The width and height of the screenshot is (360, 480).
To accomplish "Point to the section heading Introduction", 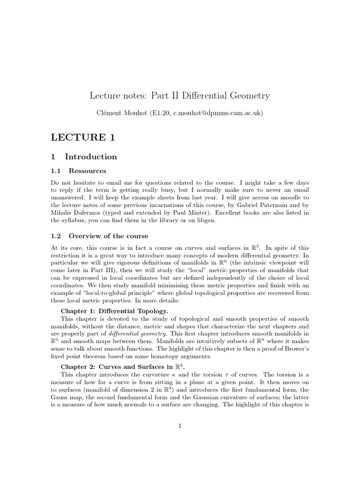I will pos(90,157).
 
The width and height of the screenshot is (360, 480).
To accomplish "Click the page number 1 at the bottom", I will pos(180,426).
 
